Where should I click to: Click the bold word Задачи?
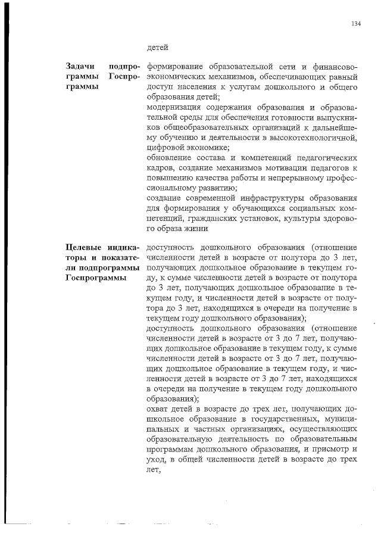[x=80, y=67]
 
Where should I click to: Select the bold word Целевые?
[x=83, y=248]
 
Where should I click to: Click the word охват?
[x=157, y=410]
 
